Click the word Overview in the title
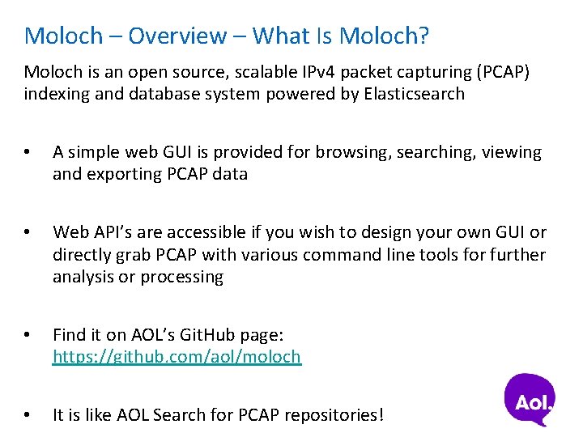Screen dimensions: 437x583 pos(177,36)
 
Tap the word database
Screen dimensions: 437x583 pos(134,94)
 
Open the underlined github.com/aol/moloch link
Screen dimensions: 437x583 pos(177,357)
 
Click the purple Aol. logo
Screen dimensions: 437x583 pos(530,399)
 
